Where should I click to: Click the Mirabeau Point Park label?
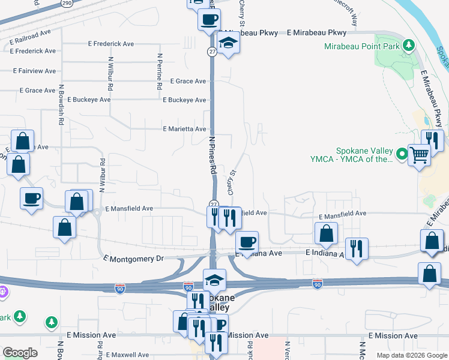[x=362, y=46]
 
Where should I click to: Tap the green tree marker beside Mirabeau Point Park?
[x=409, y=45]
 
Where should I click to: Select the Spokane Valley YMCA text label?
[x=357, y=155]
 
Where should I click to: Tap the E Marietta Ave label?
[x=184, y=129]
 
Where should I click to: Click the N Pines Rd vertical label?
[x=212, y=154]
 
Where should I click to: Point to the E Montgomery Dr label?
[x=133, y=258]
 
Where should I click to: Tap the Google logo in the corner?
[x=20, y=353]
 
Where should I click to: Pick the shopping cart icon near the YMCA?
[x=419, y=155]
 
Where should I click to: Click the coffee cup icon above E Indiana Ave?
[x=247, y=241]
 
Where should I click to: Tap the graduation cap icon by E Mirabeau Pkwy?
[x=228, y=43]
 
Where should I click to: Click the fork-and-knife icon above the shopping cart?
[x=432, y=140]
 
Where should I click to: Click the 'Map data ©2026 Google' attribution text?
[x=411, y=355]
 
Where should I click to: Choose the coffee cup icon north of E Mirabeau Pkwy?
[x=209, y=19]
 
